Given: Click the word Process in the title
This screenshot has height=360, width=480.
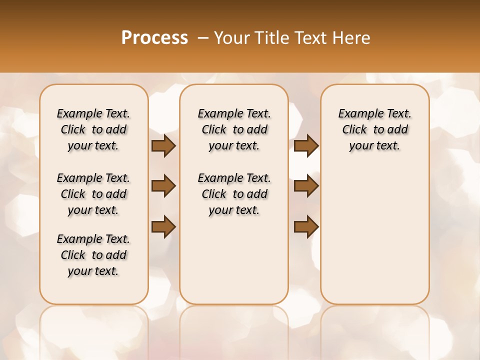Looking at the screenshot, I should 154,38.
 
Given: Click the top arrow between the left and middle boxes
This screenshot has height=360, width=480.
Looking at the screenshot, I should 163,146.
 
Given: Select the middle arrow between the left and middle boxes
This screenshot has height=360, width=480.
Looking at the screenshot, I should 163,186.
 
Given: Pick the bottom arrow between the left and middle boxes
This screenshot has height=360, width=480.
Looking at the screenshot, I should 163,226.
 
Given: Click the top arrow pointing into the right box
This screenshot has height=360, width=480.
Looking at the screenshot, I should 306,146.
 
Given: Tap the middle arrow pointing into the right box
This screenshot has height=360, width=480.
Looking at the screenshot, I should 306,186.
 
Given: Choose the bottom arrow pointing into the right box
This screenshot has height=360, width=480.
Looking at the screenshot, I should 306,226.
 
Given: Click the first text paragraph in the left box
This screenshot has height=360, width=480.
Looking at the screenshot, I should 93,129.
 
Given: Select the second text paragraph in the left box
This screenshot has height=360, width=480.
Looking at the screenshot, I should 93,194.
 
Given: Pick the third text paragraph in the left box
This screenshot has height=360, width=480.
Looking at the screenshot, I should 93,255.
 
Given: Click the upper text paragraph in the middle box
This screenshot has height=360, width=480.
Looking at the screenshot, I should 234,129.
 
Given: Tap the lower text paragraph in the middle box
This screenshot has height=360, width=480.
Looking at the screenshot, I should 234,194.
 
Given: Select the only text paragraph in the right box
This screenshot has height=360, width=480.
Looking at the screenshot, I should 374,129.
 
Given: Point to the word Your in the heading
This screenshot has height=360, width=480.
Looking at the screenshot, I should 230,38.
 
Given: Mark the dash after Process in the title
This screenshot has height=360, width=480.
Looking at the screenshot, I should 202,38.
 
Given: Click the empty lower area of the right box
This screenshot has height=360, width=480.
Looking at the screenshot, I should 374,235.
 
